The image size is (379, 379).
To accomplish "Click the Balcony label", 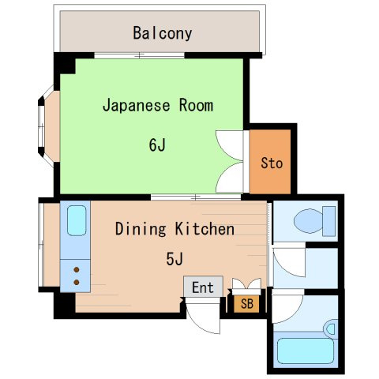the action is (163, 33).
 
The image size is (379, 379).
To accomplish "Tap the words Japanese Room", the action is (158, 105).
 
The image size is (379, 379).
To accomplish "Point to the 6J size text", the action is (157, 144).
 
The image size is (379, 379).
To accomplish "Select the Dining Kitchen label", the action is (174, 229).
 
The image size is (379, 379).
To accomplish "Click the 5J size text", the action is (174, 259).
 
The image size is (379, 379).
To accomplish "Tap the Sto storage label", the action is (272, 163).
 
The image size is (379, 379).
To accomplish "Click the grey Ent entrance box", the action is (203, 287).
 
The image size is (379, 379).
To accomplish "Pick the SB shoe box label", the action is (247, 304).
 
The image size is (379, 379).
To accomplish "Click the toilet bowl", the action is (309, 221).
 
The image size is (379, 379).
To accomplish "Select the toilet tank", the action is (329, 221).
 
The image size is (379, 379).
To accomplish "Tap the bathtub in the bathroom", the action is (306, 351).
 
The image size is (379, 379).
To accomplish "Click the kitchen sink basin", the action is (77, 220).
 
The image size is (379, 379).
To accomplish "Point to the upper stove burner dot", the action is (77, 270).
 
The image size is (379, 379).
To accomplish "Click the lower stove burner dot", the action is (77, 283).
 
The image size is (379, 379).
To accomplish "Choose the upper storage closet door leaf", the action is (228, 145).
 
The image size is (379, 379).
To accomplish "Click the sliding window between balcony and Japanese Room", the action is (139, 55).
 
